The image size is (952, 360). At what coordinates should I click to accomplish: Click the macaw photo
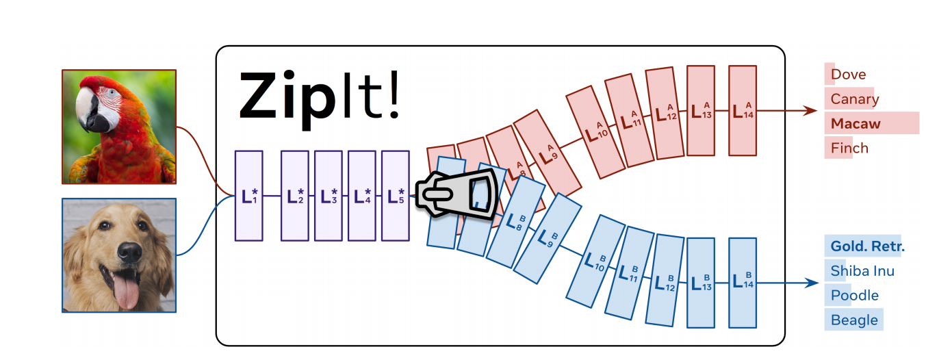[x=119, y=127]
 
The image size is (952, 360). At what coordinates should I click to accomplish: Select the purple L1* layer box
[x=248, y=196]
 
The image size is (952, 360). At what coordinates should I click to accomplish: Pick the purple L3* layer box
[x=329, y=196]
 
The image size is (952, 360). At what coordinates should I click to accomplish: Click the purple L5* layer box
[x=395, y=196]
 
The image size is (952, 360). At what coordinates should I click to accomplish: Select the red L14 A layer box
[x=743, y=110]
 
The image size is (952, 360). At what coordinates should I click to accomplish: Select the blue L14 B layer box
[x=743, y=282]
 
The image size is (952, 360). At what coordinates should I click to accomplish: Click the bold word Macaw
[x=855, y=124]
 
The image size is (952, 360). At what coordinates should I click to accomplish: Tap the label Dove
[x=848, y=75]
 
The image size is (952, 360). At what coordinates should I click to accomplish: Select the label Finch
[x=849, y=148]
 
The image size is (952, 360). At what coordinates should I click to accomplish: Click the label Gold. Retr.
[x=867, y=246]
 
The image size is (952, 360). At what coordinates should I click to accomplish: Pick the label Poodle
[x=854, y=296]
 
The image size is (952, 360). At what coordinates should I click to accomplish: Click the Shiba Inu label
[x=862, y=271]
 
